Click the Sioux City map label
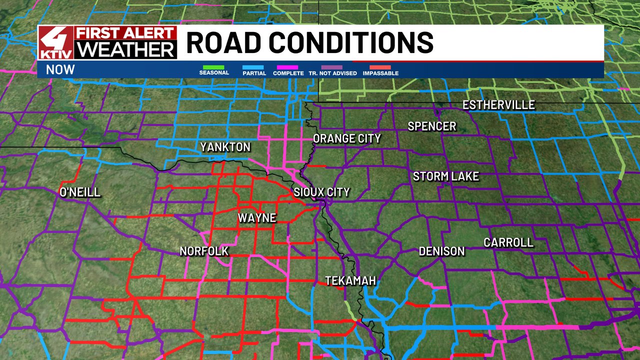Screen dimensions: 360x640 (321, 192)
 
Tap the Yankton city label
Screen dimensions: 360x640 (225, 147)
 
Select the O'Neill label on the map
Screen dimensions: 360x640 (80, 192)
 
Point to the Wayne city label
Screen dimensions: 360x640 (256, 218)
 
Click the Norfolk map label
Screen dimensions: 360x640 (204, 251)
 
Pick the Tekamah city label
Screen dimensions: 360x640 (350, 281)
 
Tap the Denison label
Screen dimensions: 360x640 (441, 251)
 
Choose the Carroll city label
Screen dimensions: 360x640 (508, 242)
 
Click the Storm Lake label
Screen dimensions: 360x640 (445, 176)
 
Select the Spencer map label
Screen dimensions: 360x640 (432, 126)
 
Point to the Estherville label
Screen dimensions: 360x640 (498, 105)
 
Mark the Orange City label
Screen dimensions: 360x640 (346, 138)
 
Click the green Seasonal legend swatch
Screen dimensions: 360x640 (213, 67)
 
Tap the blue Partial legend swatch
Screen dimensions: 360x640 (254, 67)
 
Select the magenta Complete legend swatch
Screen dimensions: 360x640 (288, 67)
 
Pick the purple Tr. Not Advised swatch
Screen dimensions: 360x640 (332, 67)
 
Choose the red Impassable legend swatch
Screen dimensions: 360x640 (380, 67)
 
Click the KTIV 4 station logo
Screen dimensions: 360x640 (56, 42)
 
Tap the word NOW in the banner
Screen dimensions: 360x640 (60, 70)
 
